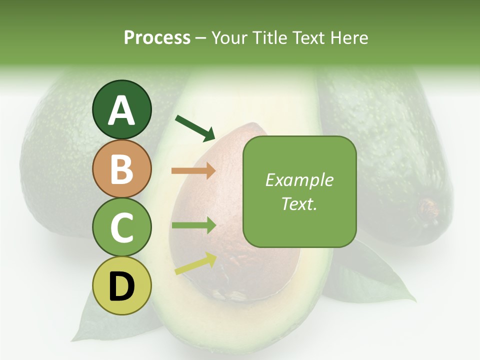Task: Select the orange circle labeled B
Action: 122,168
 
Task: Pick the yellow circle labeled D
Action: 122,285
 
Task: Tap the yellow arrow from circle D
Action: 195,263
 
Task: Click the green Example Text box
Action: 299,191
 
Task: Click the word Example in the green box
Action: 299,180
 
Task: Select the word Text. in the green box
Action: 299,203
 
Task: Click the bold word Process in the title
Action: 157,37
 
